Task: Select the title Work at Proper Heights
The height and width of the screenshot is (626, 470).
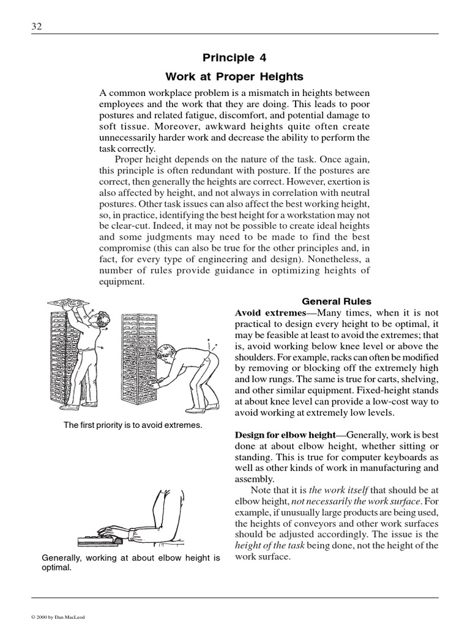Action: [x=234, y=77]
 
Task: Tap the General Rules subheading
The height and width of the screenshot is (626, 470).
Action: [x=337, y=301]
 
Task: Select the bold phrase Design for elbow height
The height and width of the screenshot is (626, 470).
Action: [x=285, y=435]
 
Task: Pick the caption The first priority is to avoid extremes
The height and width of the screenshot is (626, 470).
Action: [x=133, y=424]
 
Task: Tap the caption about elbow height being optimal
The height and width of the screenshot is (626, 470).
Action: [x=130, y=562]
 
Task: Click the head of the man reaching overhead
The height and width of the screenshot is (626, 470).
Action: [x=103, y=320]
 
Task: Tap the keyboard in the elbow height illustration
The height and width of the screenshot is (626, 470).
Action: [x=101, y=540]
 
